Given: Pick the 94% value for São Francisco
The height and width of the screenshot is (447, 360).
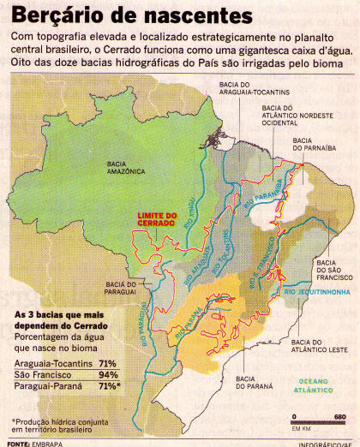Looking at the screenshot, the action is pyautogui.click(x=107, y=375).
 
